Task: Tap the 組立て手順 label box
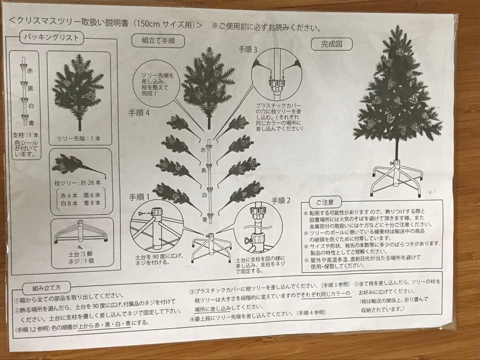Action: coord(158,41)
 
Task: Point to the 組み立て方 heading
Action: coord(50,288)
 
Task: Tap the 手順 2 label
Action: coord(281,201)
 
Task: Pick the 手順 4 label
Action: coord(139,113)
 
